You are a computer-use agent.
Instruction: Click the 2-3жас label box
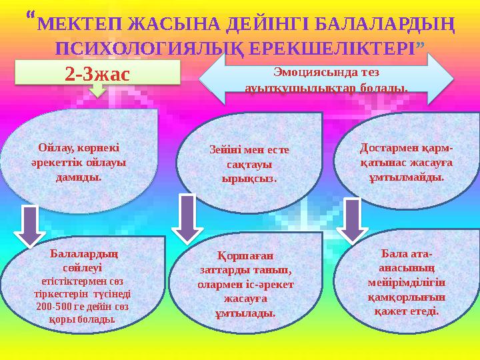tap(98, 73)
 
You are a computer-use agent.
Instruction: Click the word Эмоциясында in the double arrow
tap(303, 71)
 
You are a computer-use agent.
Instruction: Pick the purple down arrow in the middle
tap(188, 217)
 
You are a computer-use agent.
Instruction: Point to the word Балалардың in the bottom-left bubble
tap(85, 253)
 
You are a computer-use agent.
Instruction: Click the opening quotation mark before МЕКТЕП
tap(33, 16)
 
